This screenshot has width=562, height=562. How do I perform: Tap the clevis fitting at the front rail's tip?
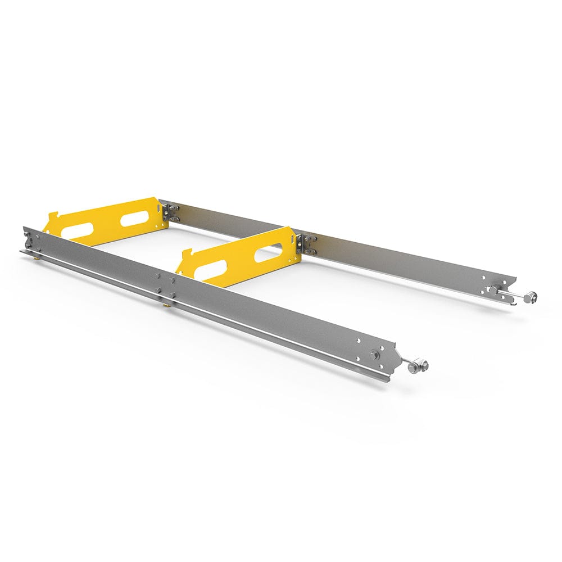[x=418, y=366]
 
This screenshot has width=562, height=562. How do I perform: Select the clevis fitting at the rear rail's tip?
[x=529, y=297]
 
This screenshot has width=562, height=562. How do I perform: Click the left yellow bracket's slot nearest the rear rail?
[x=134, y=219]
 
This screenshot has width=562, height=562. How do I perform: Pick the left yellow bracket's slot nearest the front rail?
[x=78, y=230]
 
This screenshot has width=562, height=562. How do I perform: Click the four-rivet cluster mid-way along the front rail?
[x=166, y=284]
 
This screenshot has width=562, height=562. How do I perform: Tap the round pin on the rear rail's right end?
[x=492, y=290]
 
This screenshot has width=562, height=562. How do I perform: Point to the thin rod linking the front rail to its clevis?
[x=404, y=363]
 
